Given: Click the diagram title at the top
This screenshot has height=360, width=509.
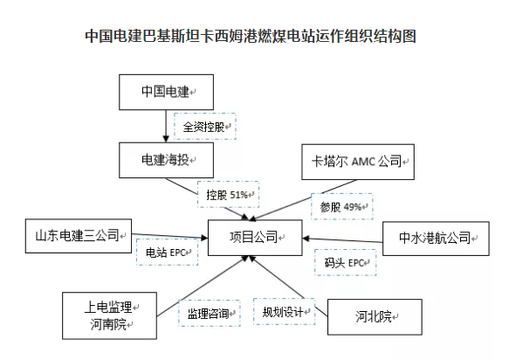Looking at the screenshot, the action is [251, 36].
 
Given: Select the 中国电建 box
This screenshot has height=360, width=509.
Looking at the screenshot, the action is [166, 92].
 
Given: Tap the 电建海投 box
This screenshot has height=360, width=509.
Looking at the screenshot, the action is [166, 160].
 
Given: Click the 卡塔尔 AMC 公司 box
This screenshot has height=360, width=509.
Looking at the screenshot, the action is [358, 162].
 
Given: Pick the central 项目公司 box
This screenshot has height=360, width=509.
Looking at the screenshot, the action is [255, 238].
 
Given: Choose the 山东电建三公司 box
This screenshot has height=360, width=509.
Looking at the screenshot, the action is [79, 236].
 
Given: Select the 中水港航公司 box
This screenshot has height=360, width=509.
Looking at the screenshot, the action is [436, 239].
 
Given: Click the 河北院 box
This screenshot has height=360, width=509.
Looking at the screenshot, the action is [375, 317].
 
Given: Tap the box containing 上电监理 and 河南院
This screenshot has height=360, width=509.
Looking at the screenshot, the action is [109, 315].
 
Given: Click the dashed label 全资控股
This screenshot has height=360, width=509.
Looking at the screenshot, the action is [205, 127].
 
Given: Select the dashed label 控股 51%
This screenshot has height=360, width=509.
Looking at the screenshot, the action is [228, 195].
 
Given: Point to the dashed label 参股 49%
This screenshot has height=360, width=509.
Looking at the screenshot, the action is [342, 206].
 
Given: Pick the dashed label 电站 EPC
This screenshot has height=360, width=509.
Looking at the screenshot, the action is [167, 253].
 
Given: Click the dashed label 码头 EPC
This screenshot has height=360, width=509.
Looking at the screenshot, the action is [346, 262].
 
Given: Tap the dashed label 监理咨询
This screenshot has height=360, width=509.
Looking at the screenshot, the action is [210, 313].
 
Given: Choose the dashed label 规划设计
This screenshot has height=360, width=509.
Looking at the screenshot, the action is [284, 312].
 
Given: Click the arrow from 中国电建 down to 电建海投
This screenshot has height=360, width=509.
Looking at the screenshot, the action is [166, 126].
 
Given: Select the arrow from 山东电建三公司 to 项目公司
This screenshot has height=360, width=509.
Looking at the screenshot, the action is [169, 236].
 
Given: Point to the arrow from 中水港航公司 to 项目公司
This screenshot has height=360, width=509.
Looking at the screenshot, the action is [342, 240].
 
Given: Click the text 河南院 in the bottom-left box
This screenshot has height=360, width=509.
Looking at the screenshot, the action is [108, 324].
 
